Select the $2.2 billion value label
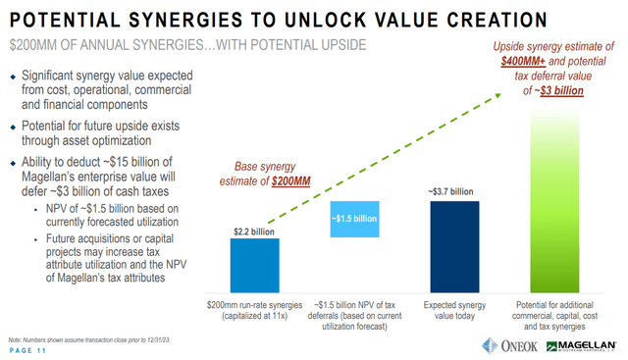[x=253, y=231]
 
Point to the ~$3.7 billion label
[x=452, y=191]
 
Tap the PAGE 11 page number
[x=31, y=349]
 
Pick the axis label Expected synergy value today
[x=453, y=307]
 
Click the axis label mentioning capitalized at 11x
[x=254, y=307]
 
